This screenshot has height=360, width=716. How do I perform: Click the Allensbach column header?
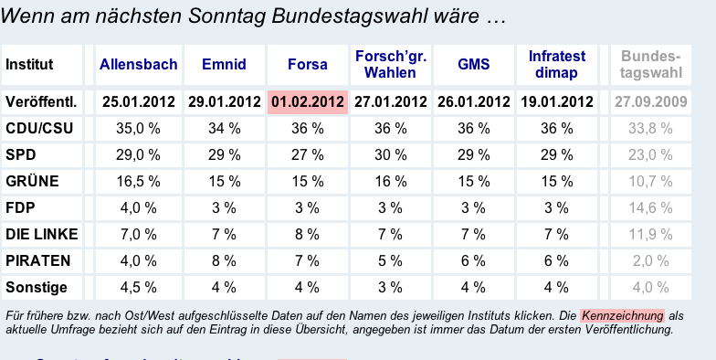tap(138, 65)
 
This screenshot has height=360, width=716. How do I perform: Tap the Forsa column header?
tap(307, 65)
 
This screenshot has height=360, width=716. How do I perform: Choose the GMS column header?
tap(473, 65)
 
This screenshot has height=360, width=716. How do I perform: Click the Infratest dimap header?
tap(557, 65)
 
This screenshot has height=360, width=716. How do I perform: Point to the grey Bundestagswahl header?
tap(651, 65)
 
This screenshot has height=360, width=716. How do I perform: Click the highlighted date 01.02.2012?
tap(308, 101)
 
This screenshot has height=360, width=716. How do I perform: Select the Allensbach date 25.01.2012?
tap(139, 101)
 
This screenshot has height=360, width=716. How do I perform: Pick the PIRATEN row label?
tap(37, 261)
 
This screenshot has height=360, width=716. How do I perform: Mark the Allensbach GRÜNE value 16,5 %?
tap(139, 182)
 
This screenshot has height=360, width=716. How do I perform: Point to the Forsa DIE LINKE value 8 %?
tap(307, 235)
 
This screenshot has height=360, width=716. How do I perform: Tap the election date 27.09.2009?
tap(651, 101)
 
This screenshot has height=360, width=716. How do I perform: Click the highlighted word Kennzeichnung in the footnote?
tap(622, 315)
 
